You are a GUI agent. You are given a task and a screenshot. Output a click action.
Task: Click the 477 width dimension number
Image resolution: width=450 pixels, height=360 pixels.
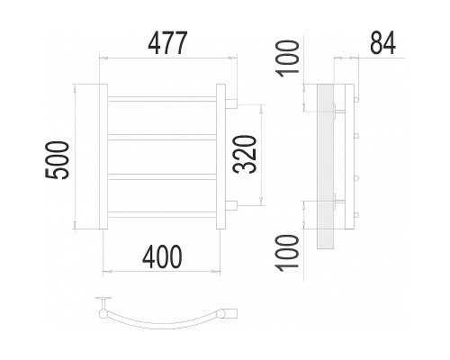[168, 42]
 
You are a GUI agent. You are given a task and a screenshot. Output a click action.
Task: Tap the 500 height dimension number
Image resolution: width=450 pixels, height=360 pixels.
[57, 160]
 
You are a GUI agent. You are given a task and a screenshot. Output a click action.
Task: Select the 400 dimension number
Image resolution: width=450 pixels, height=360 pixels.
[162, 256]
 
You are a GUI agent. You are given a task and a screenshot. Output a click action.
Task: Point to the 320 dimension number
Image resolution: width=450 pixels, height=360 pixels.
[245, 155]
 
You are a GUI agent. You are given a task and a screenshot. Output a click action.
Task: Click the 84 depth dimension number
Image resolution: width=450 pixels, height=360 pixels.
[382, 42]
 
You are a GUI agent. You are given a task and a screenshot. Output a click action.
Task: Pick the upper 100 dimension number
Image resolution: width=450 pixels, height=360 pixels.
[288, 58]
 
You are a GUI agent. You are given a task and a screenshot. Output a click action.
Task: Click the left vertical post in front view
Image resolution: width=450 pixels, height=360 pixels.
[103, 157]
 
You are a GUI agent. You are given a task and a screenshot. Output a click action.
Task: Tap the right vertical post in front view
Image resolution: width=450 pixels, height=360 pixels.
[220, 157]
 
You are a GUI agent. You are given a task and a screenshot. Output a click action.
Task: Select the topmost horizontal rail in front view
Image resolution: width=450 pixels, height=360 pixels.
[162, 99]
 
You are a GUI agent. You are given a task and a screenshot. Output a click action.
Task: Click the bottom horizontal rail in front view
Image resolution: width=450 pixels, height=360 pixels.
[162, 214]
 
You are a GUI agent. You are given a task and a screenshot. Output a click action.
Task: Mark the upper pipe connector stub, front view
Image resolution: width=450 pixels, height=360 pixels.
[231, 103]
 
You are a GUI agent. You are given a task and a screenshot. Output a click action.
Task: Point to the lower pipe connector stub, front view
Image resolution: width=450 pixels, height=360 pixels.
[231, 205]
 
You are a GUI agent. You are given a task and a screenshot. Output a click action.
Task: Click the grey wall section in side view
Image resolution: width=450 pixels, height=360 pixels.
[325, 166]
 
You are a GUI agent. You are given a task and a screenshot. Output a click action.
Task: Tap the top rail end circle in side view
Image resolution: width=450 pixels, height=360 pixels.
[356, 99]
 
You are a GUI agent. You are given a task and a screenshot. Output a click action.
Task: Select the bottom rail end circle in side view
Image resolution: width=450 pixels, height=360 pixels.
[356, 214]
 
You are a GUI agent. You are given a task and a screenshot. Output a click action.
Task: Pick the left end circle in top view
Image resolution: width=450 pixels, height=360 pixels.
[103, 314]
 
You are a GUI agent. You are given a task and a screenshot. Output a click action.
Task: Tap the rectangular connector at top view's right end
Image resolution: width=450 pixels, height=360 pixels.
[231, 313]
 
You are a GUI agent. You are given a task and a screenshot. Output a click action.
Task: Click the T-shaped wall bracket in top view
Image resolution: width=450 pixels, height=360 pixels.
[103, 303]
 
